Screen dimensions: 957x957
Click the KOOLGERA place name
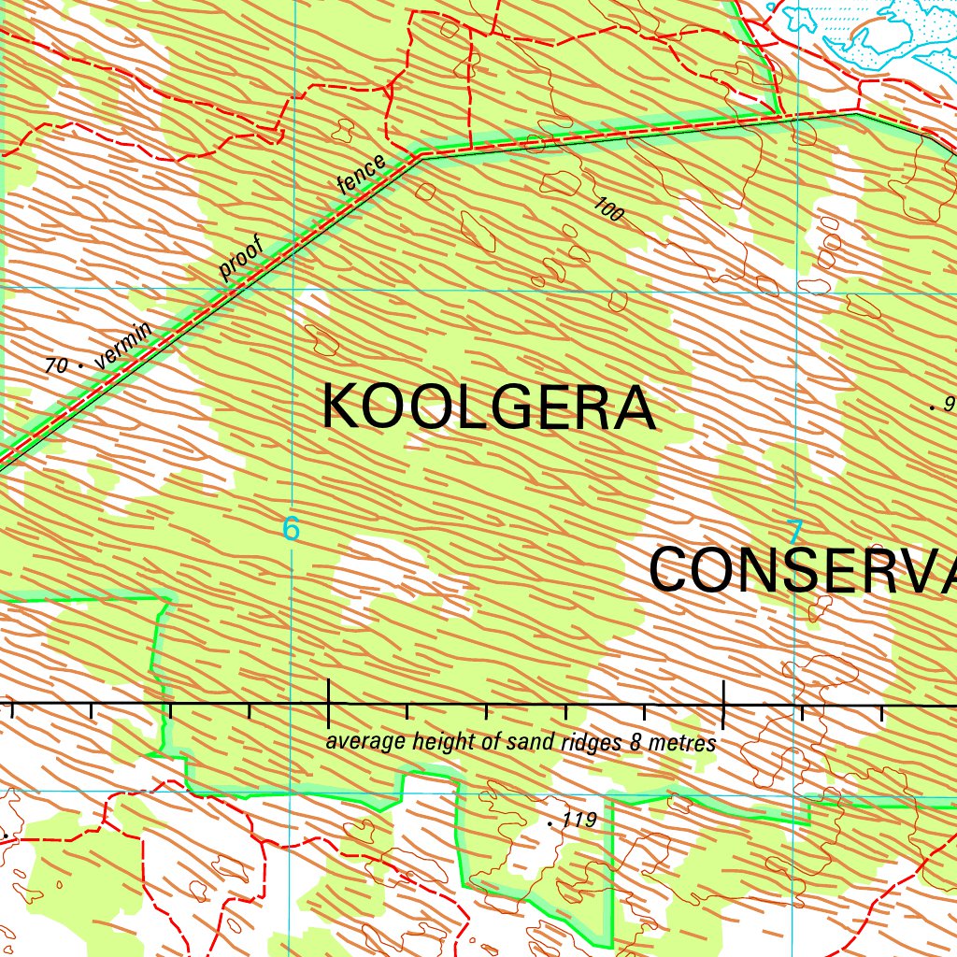point(488,407)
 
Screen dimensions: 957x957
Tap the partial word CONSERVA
point(802,571)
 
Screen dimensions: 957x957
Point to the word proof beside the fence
point(242,259)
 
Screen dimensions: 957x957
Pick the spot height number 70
point(56,365)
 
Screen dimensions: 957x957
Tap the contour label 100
point(608,210)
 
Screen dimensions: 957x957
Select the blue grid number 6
point(292,529)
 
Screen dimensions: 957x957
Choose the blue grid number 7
point(794,533)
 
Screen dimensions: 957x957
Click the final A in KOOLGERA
point(636,407)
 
